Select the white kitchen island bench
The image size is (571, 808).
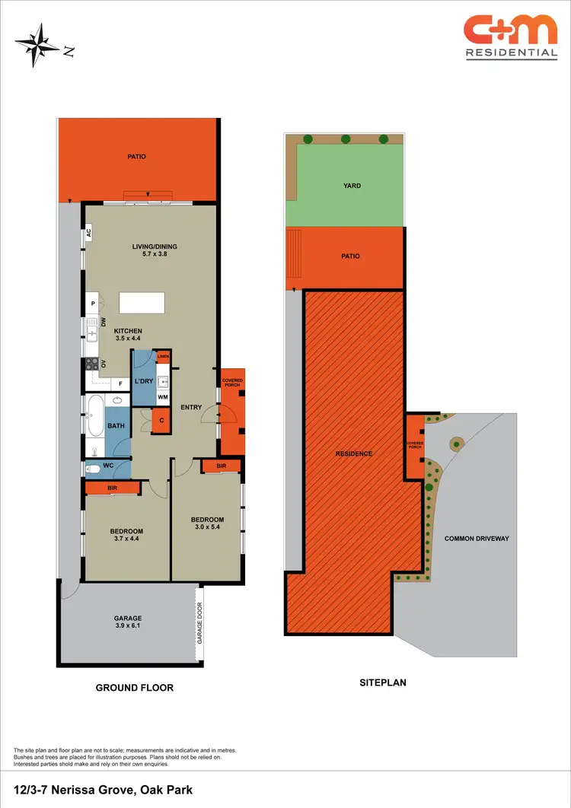pyautogui.click(x=142, y=302)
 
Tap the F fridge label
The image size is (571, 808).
pyautogui.click(x=120, y=384)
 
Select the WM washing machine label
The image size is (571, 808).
pyautogui.click(x=163, y=396)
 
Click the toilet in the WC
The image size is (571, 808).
pyautogui.click(x=92, y=469)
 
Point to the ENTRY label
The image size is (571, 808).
pyautogui.click(x=191, y=407)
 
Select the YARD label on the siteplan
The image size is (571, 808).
pyautogui.click(x=352, y=186)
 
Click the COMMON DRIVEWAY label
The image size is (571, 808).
pyautogui.click(x=477, y=538)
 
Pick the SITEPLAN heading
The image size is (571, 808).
pyautogui.click(x=382, y=682)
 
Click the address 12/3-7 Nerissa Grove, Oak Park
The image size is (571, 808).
pyautogui.click(x=103, y=791)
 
